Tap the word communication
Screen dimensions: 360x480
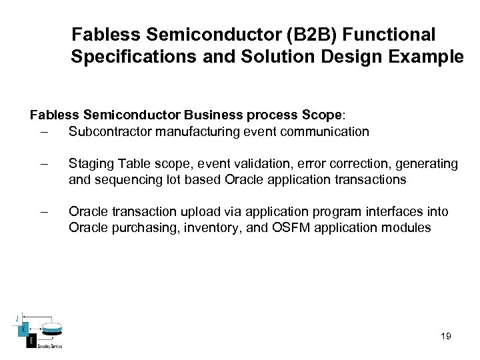[325, 131]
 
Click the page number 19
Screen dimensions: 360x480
[446, 337]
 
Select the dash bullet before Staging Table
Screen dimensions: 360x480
[44, 164]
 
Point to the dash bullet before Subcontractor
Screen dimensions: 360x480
[44, 131]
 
